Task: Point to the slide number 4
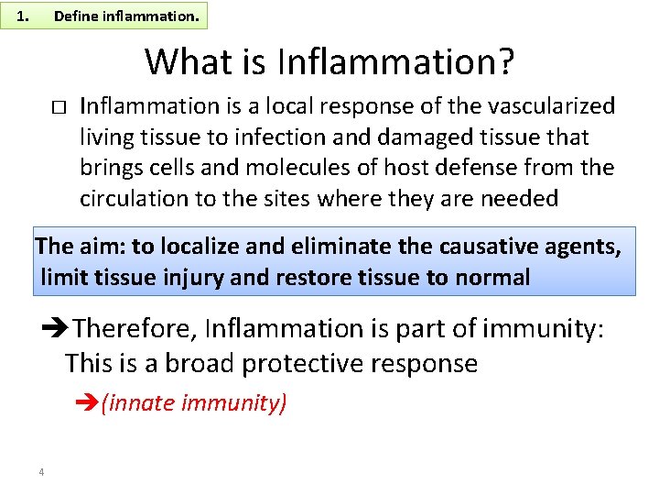pyautogui.click(x=42, y=472)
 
